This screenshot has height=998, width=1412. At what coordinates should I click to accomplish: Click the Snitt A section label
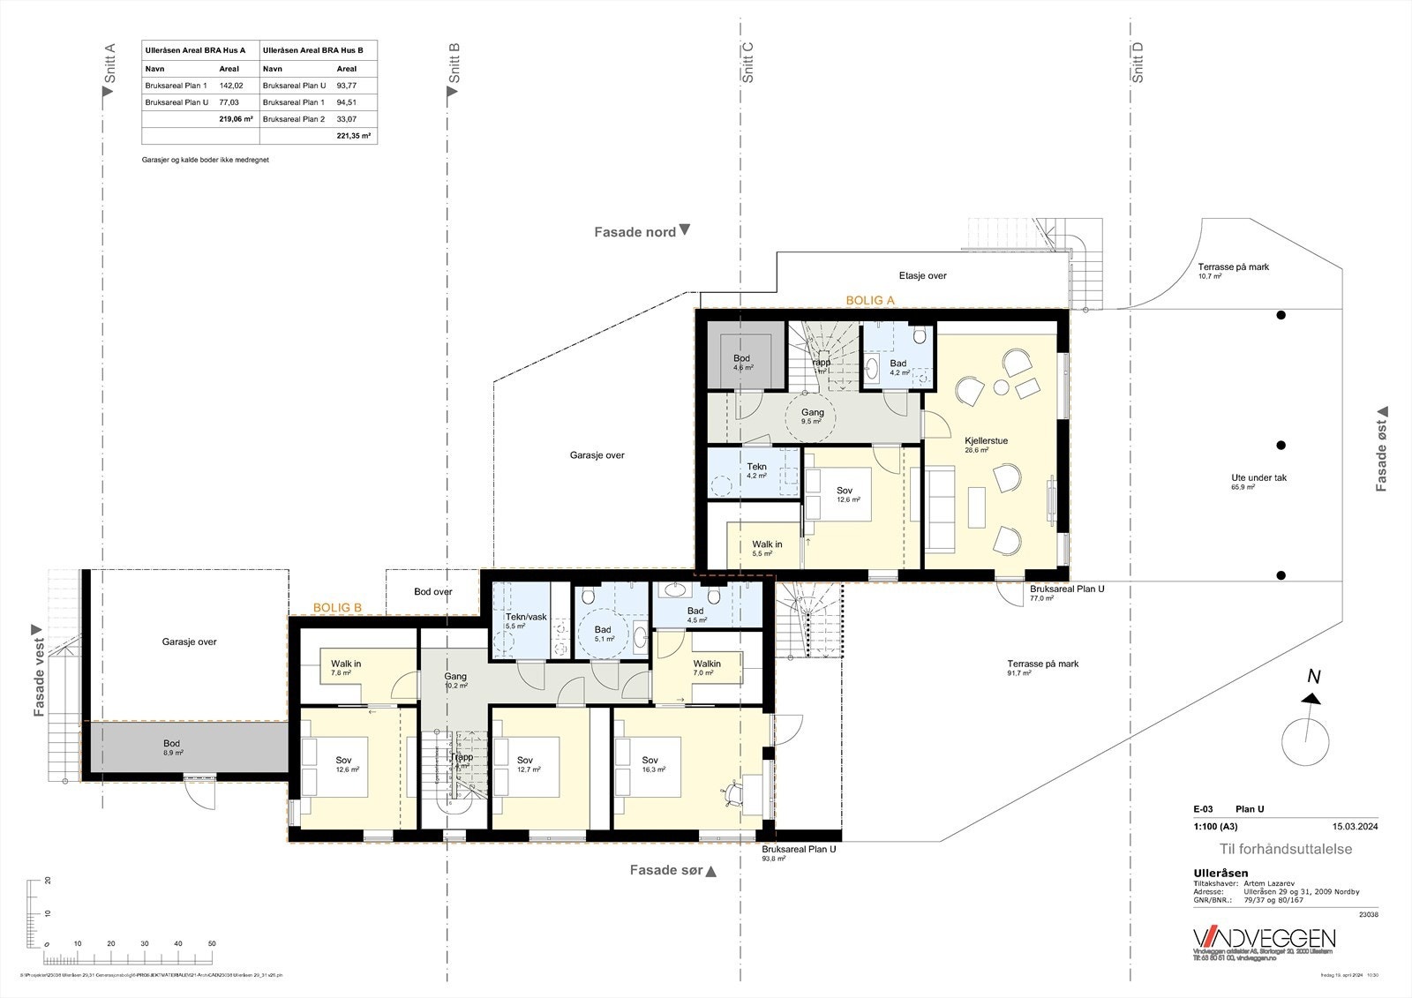click(110, 64)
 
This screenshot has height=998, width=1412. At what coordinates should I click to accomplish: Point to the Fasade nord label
click(635, 232)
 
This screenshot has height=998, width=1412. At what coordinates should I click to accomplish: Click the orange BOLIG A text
click(870, 301)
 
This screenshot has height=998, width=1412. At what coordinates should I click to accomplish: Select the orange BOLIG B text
click(338, 608)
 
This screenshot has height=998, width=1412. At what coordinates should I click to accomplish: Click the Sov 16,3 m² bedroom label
click(650, 761)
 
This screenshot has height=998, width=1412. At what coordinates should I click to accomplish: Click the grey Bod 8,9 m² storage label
click(172, 744)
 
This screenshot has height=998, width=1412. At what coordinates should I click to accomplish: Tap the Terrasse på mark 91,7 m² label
click(1042, 664)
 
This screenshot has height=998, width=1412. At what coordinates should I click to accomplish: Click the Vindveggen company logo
click(1264, 938)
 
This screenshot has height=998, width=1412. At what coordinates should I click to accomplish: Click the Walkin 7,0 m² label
click(707, 664)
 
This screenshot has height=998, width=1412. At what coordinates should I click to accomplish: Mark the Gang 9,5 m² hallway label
click(812, 412)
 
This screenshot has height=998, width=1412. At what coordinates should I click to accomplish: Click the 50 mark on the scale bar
click(212, 943)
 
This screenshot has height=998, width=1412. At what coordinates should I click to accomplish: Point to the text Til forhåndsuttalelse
click(1285, 849)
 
